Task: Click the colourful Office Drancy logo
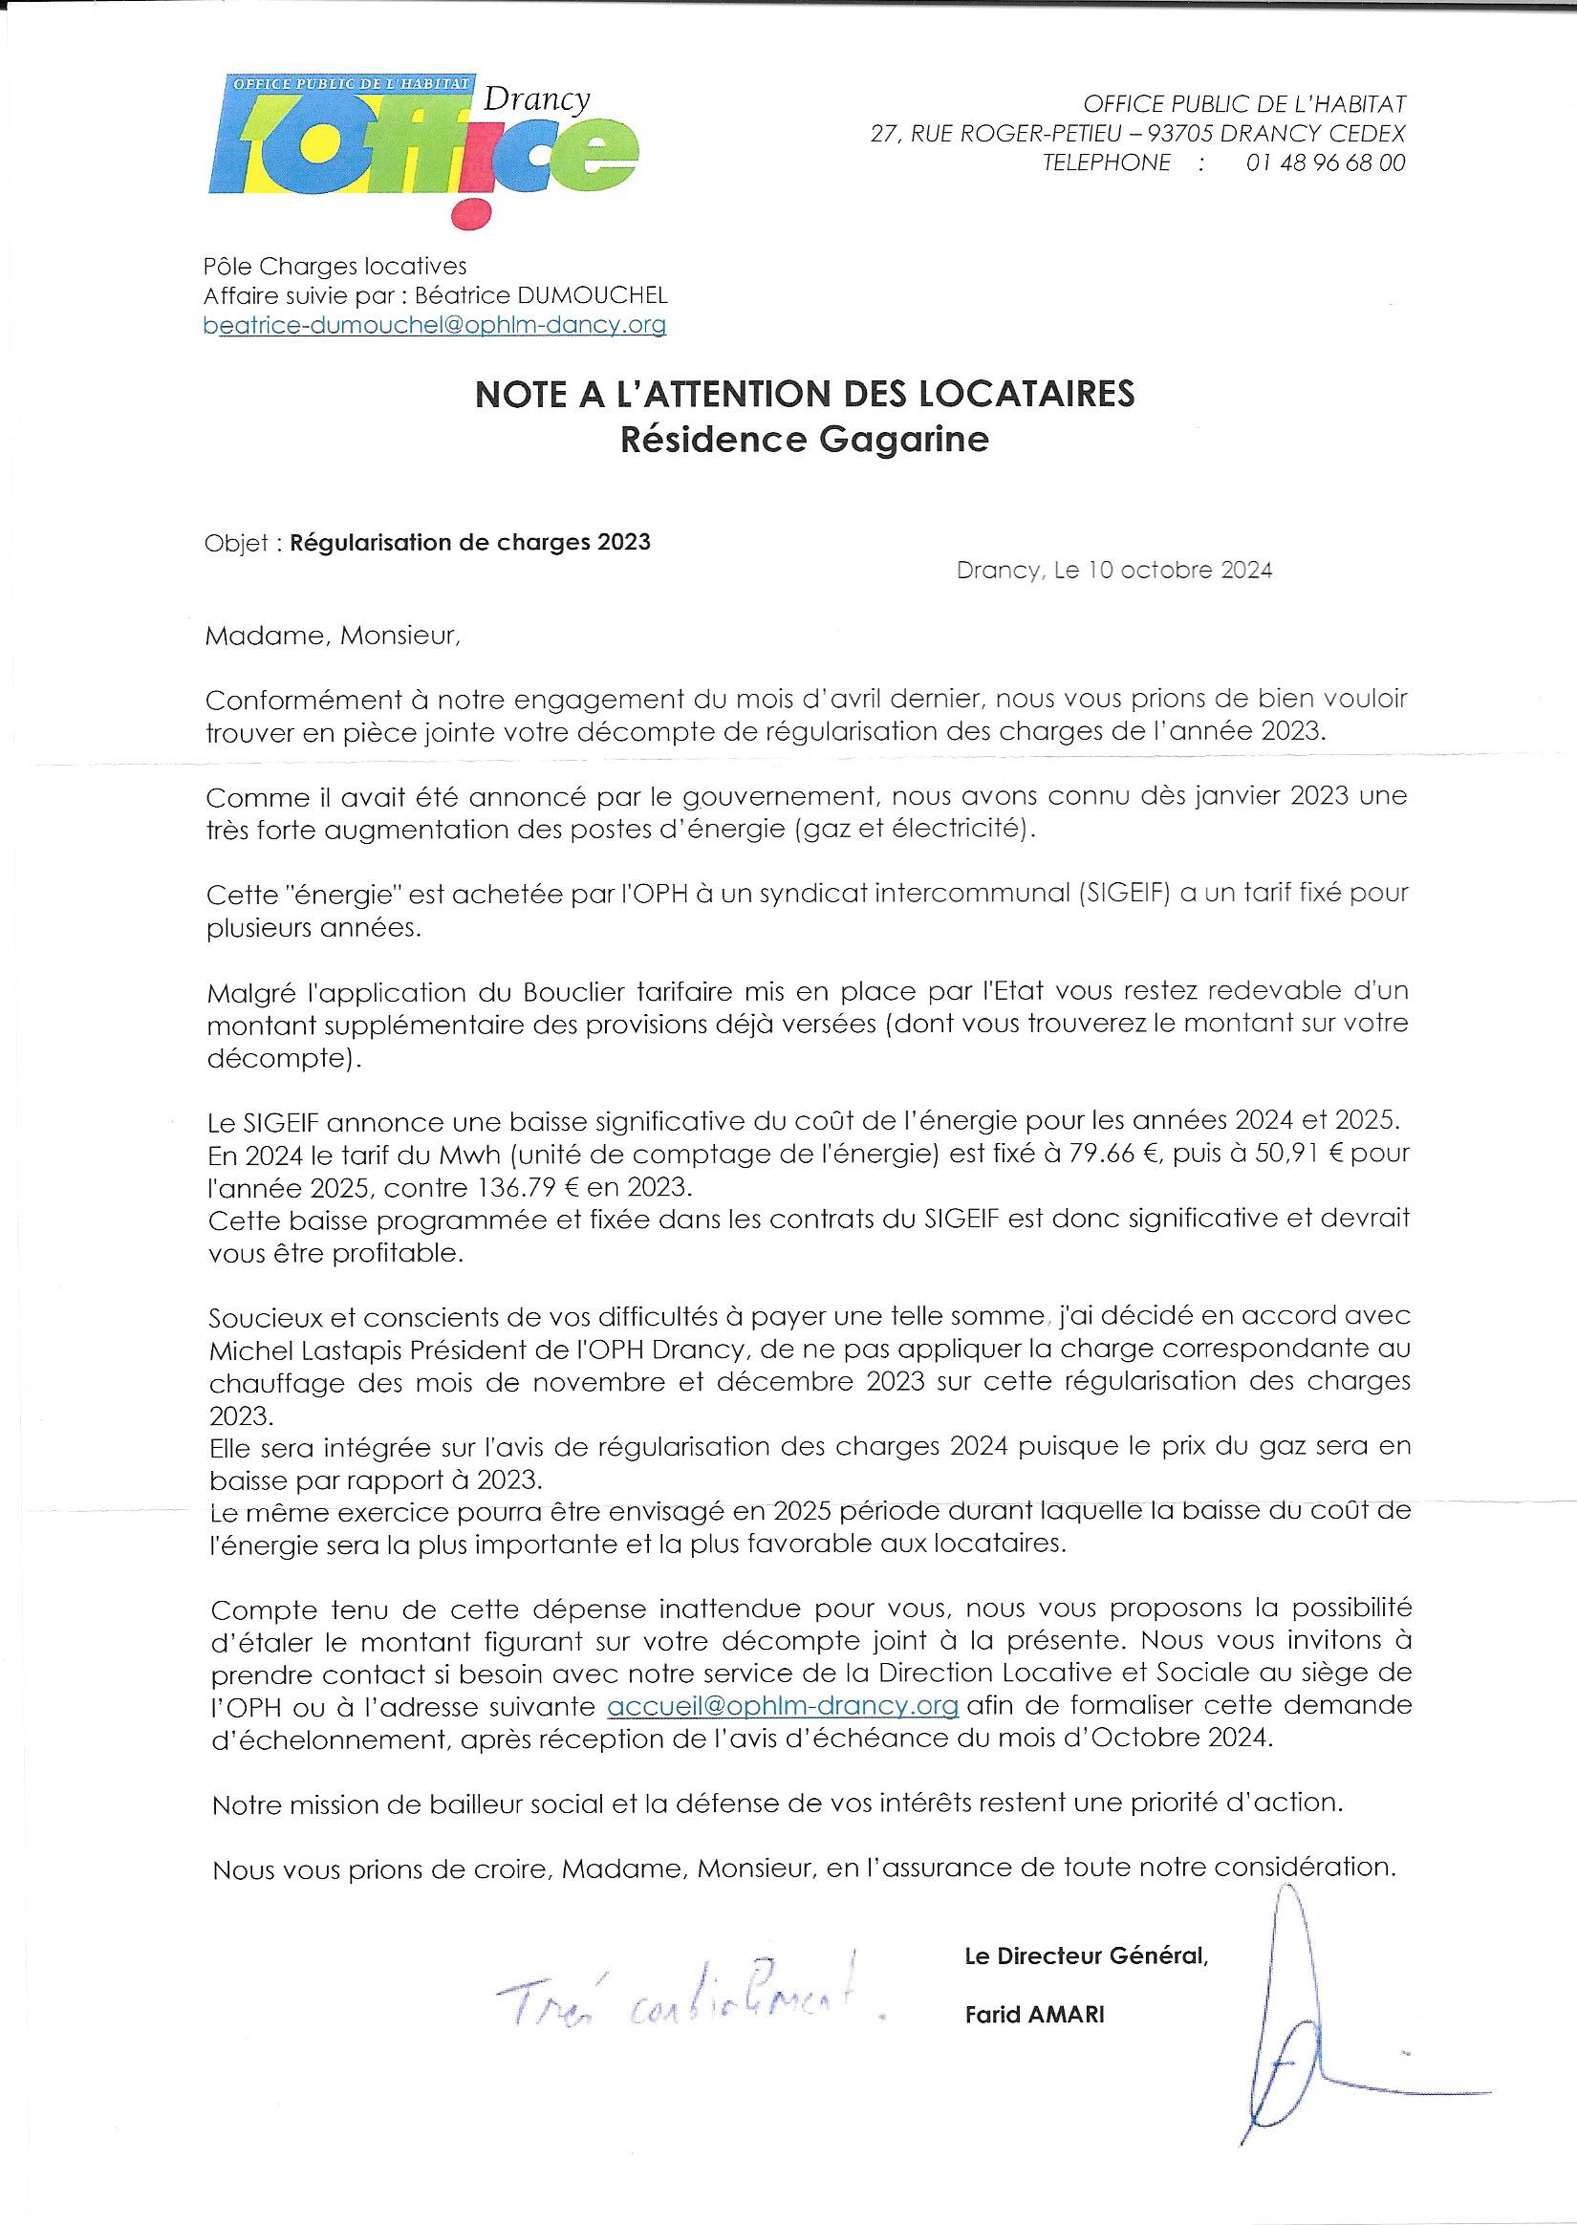tap(423, 145)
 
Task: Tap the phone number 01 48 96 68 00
tap(1325, 163)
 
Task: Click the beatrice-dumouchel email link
tap(434, 326)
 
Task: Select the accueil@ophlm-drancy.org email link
tap(783, 1706)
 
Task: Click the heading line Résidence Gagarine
tap(804, 441)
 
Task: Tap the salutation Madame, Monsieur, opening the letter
tap(330, 637)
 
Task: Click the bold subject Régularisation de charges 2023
tap(470, 542)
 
